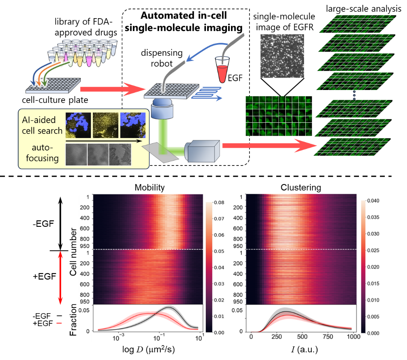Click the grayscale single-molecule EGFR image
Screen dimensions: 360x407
tap(281, 55)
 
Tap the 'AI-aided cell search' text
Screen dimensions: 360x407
tap(40, 125)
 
